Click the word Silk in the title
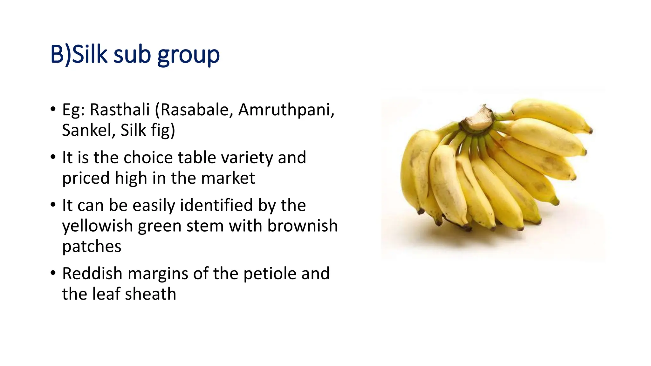90,54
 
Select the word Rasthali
120,110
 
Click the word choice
148,158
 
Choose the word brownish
302,226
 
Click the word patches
92,247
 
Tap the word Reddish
92,273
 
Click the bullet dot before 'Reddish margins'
53,273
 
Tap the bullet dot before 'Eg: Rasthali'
53,109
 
